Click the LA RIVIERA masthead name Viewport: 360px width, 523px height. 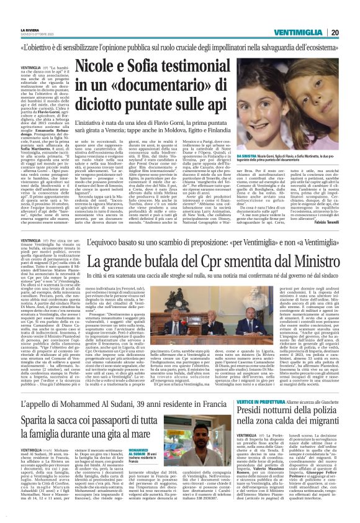(29, 29)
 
